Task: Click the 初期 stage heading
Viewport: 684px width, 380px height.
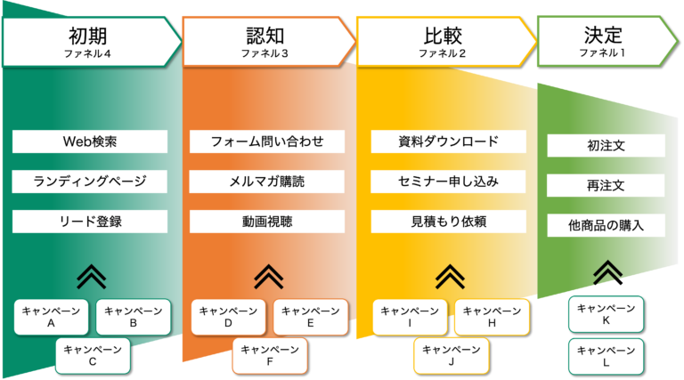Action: pyautogui.click(x=87, y=36)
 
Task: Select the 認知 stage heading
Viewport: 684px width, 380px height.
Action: pyautogui.click(x=265, y=36)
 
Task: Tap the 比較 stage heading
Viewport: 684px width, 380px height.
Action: pyautogui.click(x=443, y=36)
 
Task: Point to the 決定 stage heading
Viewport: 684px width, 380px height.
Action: pyautogui.click(x=603, y=36)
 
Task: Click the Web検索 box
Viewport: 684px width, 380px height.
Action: pyautogui.click(x=90, y=141)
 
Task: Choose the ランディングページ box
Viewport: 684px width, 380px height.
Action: pyautogui.click(x=89, y=182)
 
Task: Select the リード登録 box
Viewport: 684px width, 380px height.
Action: pyautogui.click(x=90, y=222)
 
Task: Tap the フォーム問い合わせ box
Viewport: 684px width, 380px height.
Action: pyautogui.click(x=267, y=141)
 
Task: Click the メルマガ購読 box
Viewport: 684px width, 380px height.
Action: pyautogui.click(x=266, y=182)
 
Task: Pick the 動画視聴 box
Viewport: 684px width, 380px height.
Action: pyautogui.click(x=267, y=222)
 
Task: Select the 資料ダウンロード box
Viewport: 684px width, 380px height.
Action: pyautogui.click(x=449, y=141)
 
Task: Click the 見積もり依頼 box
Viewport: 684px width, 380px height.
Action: pyautogui.click(x=449, y=222)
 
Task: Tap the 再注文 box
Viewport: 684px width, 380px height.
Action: pyautogui.click(x=606, y=185)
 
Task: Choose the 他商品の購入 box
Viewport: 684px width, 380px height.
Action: pyautogui.click(x=606, y=225)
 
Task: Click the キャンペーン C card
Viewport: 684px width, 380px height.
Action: pyautogui.click(x=93, y=356)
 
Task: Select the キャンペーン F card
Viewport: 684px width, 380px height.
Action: pyautogui.click(x=270, y=356)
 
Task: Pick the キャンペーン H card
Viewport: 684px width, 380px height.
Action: pyautogui.click(x=492, y=317)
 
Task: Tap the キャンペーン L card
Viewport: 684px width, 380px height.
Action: pyautogui.click(x=606, y=357)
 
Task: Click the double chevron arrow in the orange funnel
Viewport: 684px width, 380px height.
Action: pyautogui.click(x=269, y=277)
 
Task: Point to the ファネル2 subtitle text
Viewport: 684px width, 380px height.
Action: pyautogui.click(x=443, y=53)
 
